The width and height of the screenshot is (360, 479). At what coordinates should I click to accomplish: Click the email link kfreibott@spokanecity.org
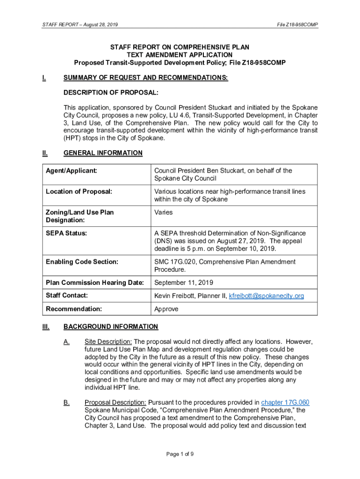pyautogui.click(x=266, y=296)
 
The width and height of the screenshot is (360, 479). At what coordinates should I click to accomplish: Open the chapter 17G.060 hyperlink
pyautogui.click(x=285, y=402)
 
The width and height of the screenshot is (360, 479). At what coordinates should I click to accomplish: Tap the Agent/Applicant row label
pyautogui.click(x=72, y=171)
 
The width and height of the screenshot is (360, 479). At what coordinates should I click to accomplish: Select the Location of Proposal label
pyautogui.click(x=79, y=192)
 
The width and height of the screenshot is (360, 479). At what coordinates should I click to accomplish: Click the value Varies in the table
pyautogui.click(x=163, y=212)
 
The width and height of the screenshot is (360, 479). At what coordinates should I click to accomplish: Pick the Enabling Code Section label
pyautogui.click(x=82, y=262)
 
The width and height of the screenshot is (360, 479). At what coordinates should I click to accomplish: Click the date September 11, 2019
pyautogui.click(x=184, y=283)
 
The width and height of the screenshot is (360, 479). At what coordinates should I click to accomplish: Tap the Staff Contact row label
pyautogui.click(x=67, y=296)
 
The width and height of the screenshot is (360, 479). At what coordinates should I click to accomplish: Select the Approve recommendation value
pyautogui.click(x=166, y=309)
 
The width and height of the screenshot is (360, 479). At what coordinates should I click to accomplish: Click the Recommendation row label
pyautogui.click(x=74, y=309)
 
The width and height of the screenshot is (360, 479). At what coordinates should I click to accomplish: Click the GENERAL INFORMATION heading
pyautogui.click(x=103, y=153)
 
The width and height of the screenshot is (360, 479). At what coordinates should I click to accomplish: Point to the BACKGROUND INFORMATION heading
pyautogui.click(x=111, y=327)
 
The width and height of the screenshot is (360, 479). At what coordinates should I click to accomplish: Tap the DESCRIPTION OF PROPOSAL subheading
pyautogui.click(x=111, y=93)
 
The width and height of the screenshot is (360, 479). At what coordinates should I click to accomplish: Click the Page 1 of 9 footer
pyautogui.click(x=180, y=454)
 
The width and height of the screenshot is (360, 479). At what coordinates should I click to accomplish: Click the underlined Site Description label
pyautogui.click(x=108, y=341)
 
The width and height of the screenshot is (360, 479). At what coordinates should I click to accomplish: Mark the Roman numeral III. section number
pyautogui.click(x=46, y=327)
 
